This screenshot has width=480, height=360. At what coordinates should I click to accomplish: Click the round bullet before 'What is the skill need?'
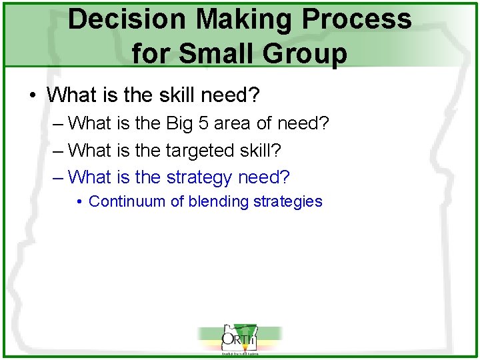coord(33,96)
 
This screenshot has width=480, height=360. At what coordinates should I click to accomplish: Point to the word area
coord(233,123)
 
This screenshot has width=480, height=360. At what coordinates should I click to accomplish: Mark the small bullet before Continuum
coord(79,202)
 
